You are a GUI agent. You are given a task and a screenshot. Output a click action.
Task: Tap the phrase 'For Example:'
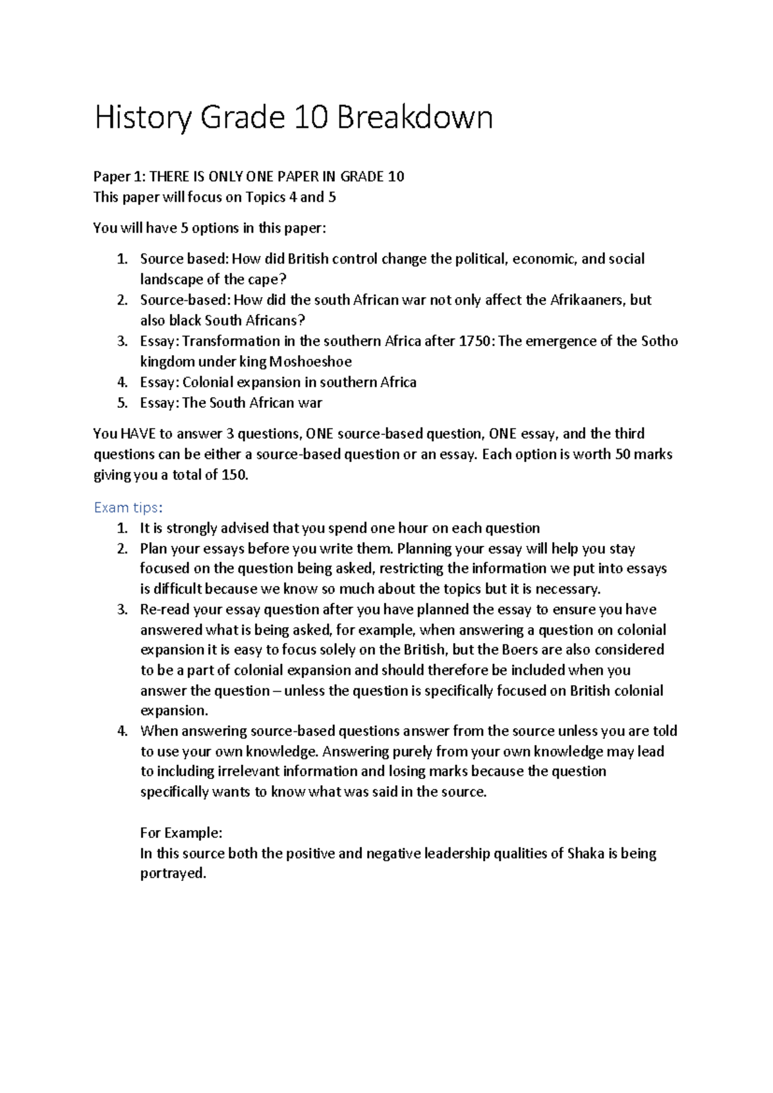[181, 833]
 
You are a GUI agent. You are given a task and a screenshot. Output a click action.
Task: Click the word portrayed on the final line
[173, 874]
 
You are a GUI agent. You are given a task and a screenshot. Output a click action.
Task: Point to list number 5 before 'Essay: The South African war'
[122, 403]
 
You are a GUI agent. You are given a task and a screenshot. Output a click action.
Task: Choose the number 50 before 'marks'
[622, 454]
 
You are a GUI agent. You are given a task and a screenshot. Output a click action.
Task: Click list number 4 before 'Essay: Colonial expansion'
[122, 382]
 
